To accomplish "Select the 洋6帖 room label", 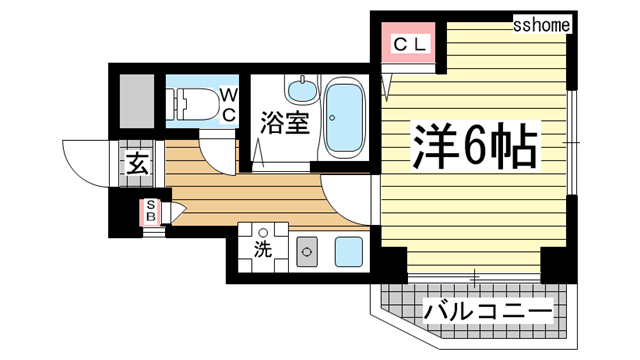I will pyautogui.click(x=475, y=149).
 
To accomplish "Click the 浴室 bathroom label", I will pyautogui.click(x=284, y=124).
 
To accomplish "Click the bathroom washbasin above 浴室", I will pyautogui.click(x=299, y=91).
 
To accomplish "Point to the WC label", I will pyautogui.click(x=228, y=104).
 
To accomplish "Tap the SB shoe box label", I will pyautogui.click(x=152, y=211).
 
